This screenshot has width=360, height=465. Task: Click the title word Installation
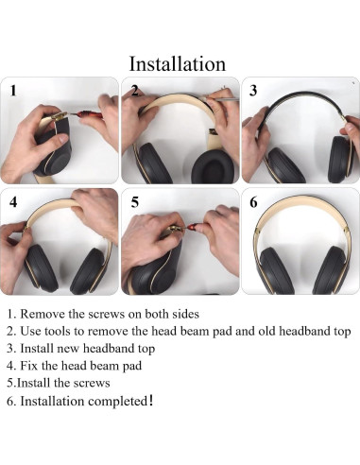pos(178,63)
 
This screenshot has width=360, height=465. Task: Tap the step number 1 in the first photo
pos(13,92)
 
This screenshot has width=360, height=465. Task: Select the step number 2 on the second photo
pos(135,92)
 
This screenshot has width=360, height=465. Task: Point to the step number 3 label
pos(253,92)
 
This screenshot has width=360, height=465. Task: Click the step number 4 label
pos(13,202)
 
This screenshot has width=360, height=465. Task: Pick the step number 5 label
pos(135,202)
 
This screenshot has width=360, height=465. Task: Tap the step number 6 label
pos(253,202)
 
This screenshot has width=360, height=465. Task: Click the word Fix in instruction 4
pos(31,365)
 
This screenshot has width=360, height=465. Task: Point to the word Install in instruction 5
pos(37,383)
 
